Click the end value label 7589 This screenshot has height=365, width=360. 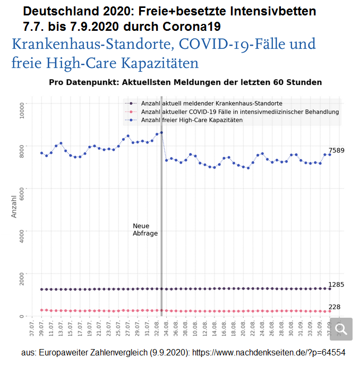[336, 150]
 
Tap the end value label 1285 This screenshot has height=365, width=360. [336, 285]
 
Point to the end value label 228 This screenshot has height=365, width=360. [334, 307]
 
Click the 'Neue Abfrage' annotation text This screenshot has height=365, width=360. [145, 230]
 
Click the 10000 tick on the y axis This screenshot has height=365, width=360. [21, 109]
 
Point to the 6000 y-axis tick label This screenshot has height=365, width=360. [21, 189]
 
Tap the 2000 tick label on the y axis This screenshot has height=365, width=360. [21, 274]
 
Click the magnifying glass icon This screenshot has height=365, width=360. [341, 329]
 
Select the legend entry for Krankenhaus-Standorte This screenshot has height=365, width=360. [211, 103]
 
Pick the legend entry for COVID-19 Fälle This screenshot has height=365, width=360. [239, 112]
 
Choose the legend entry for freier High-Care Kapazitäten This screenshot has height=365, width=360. [192, 120]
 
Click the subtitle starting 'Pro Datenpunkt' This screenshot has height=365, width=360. [185, 82]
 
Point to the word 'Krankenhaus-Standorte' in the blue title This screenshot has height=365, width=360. [88, 44]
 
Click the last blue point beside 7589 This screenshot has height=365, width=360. [330, 154]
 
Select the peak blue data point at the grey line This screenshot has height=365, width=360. [161, 132]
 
